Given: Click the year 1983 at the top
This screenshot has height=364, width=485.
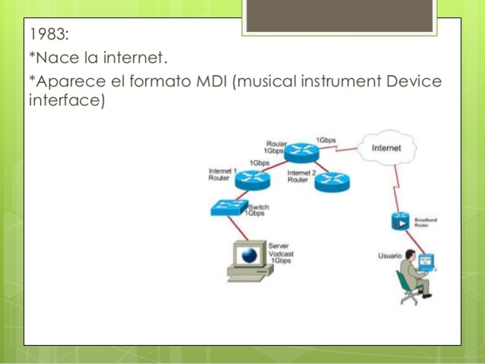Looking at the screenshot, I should tap(49, 34).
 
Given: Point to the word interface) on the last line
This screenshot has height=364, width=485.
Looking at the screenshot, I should tap(65, 101).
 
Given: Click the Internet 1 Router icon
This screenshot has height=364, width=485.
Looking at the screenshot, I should tap(252, 180).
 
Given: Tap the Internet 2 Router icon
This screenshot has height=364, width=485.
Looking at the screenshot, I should tap(331, 180).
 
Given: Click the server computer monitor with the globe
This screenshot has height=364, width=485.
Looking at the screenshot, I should tap(246, 256).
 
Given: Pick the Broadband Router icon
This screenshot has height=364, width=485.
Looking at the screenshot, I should tap(400, 221).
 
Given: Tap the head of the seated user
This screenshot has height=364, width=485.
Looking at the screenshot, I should tap(411, 255).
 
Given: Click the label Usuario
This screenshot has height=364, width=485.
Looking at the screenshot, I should tap(389, 256).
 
